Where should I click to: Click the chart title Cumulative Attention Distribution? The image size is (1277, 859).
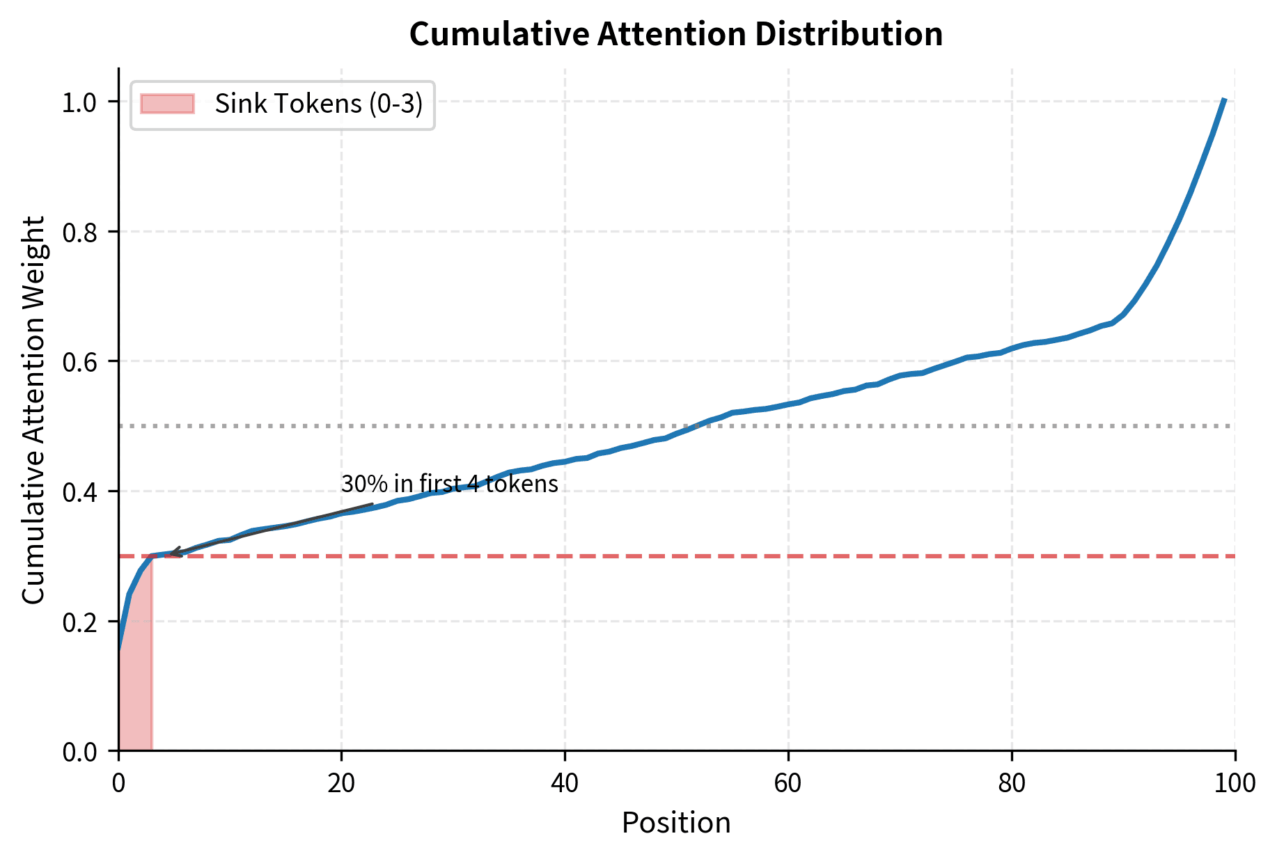(x=675, y=35)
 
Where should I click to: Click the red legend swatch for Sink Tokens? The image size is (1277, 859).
(x=167, y=104)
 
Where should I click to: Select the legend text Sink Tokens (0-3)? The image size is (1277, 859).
(x=319, y=104)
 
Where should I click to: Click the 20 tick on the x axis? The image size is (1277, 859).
(x=341, y=783)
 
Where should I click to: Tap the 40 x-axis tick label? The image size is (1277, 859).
(x=565, y=783)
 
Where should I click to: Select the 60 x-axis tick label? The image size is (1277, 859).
(x=788, y=783)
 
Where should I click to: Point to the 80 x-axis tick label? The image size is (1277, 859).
(x=1012, y=783)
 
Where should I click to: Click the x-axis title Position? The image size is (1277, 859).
(x=675, y=823)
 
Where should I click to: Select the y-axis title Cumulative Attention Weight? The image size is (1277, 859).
(x=33, y=409)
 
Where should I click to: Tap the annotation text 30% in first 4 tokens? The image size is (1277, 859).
(x=450, y=484)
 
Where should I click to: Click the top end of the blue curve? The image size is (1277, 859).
(x=1224, y=101)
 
